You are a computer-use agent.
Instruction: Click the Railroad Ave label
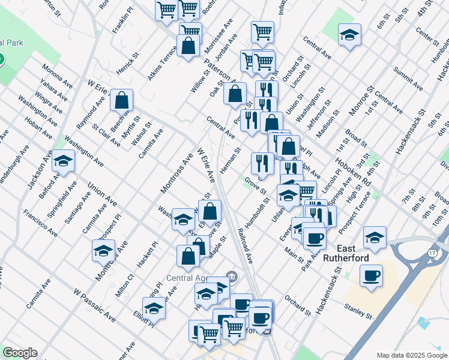coord(246,245)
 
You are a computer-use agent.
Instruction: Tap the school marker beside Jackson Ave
coord(63,161)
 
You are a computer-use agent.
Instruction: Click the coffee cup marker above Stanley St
coord(371,276)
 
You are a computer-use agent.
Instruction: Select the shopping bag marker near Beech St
coord(122,100)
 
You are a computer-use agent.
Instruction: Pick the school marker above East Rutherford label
coord(375,238)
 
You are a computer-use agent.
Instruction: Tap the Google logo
coord(20,353)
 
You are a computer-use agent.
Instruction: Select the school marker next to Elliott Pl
coord(154,308)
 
